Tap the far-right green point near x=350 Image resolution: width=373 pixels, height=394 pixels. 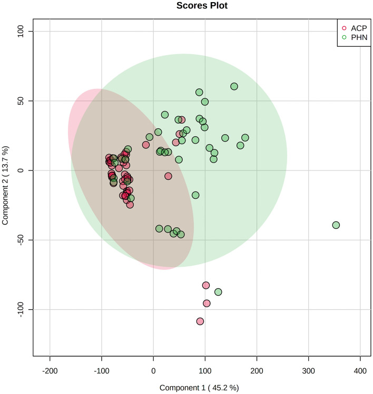tap(336, 225)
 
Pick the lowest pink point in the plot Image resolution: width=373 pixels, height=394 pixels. tap(200, 321)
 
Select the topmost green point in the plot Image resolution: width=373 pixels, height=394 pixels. tap(234, 86)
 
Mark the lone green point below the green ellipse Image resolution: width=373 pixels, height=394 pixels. tap(218, 292)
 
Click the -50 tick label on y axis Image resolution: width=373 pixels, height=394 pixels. tap(21, 240)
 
